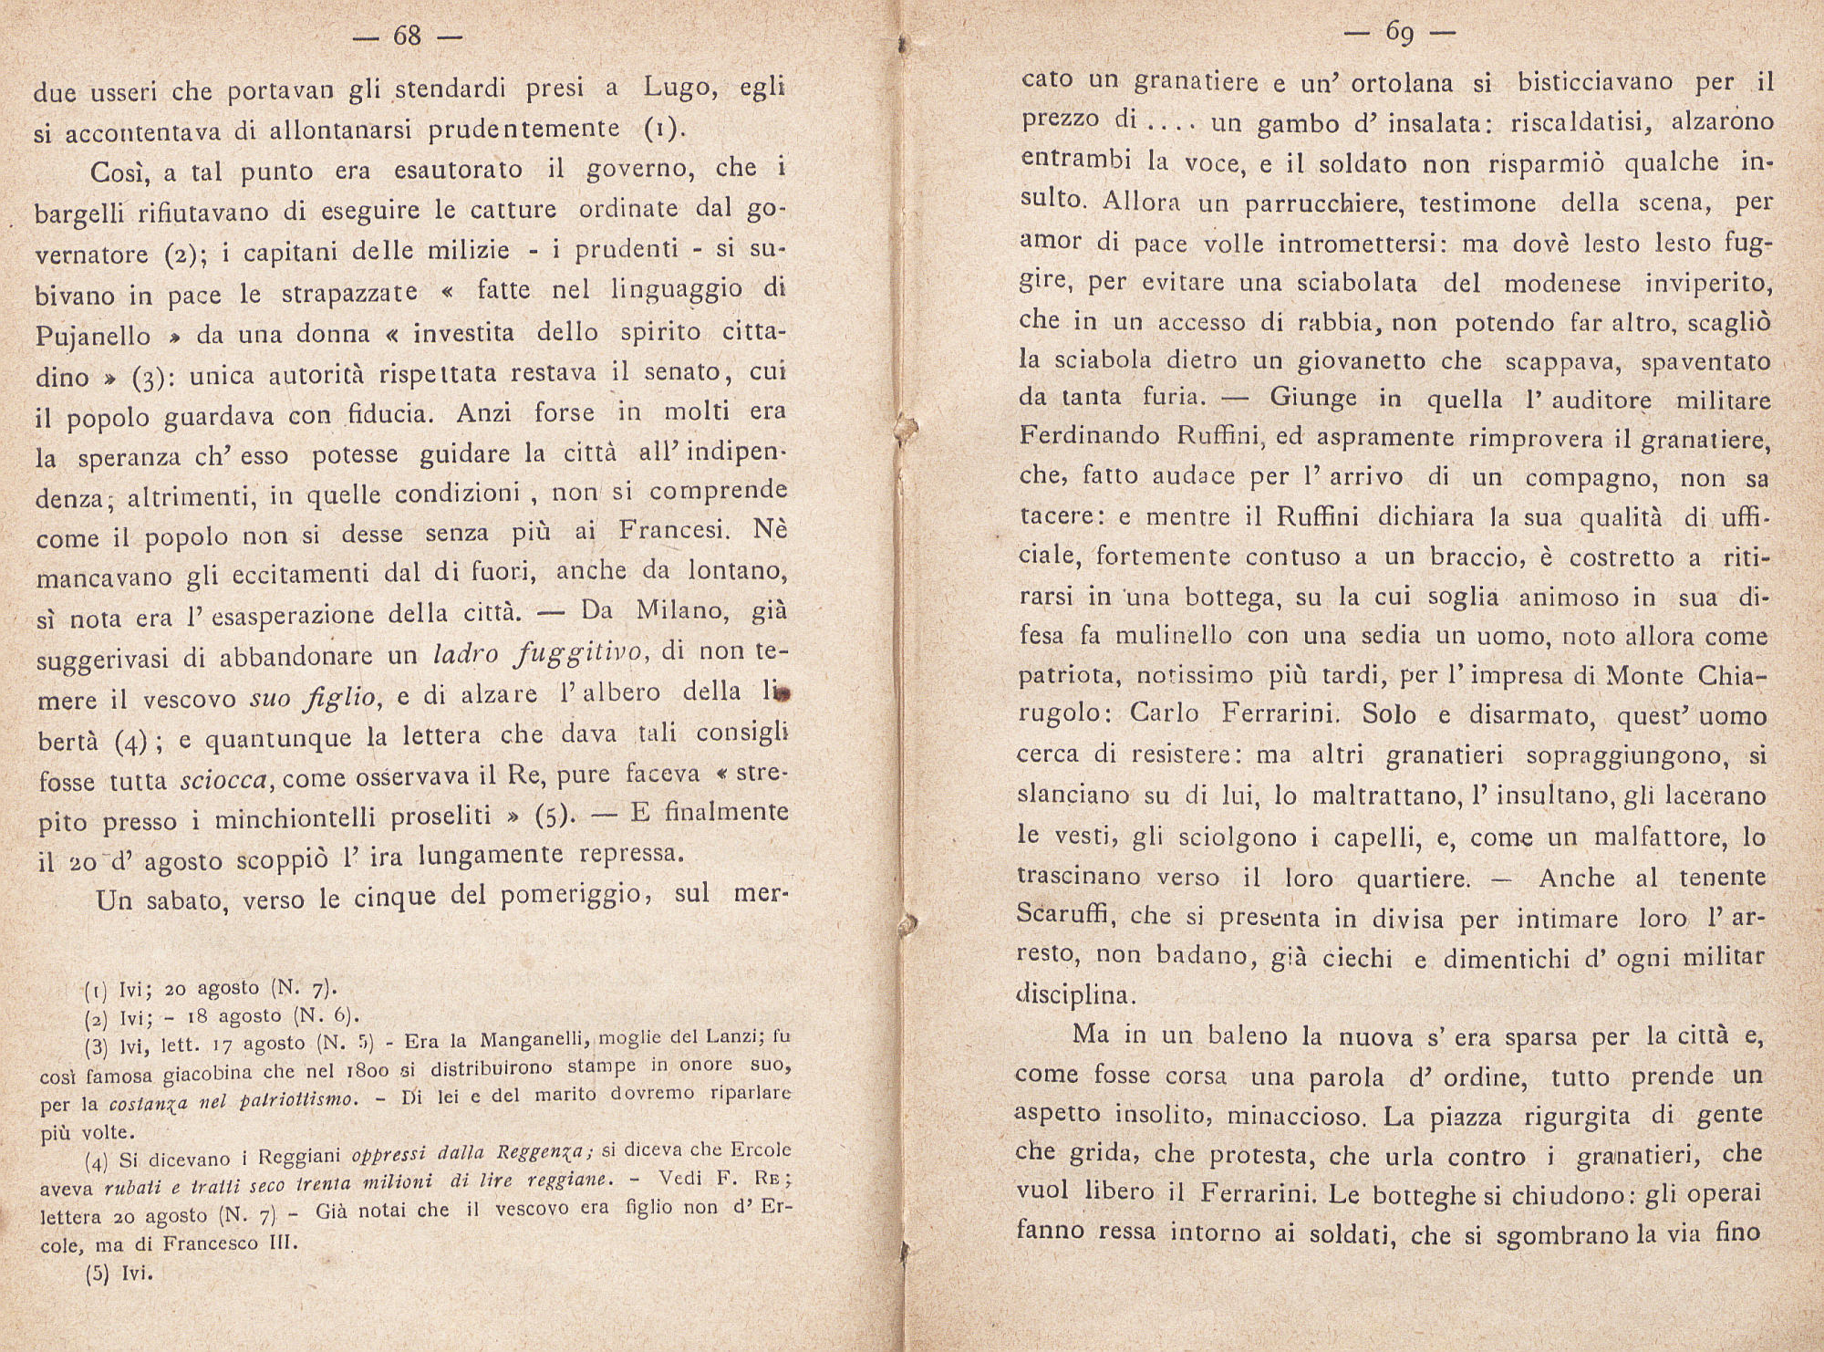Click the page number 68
point(407,36)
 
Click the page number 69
point(1399,34)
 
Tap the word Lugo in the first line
point(677,88)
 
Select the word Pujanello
point(93,336)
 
